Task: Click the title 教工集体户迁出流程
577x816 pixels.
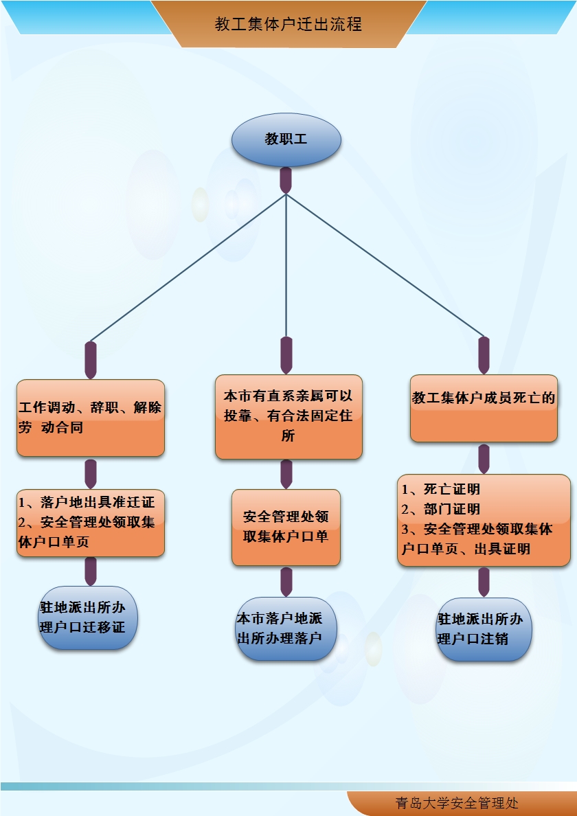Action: (x=288, y=25)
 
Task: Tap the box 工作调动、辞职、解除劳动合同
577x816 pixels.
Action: (x=91, y=418)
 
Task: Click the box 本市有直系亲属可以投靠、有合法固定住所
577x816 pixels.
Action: (x=288, y=416)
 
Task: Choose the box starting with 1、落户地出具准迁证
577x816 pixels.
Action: (x=91, y=522)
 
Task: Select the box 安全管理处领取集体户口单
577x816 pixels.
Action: (x=286, y=527)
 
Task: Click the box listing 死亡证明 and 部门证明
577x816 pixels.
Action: (x=484, y=520)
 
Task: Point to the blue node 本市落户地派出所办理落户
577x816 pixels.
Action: (x=286, y=628)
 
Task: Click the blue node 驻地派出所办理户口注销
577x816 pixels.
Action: (x=484, y=628)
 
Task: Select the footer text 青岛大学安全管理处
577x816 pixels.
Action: (x=457, y=803)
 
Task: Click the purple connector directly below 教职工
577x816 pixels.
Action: (x=286, y=180)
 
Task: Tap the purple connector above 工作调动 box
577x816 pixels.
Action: (x=91, y=359)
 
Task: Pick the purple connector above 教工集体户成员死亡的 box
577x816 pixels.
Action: (x=484, y=355)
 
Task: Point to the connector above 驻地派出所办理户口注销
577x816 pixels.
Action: (x=484, y=582)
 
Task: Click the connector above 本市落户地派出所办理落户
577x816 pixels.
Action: (x=286, y=581)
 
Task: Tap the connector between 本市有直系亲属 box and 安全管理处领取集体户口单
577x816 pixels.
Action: (x=286, y=474)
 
